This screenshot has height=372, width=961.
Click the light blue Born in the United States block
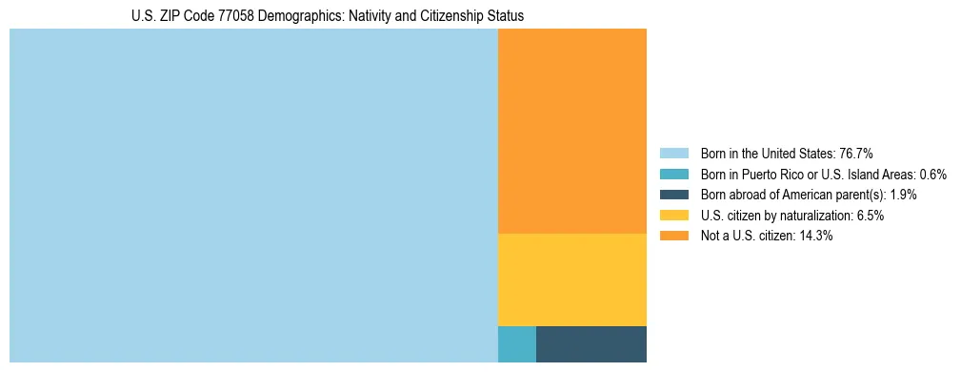coord(253,196)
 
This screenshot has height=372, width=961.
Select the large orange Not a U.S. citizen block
coord(571,131)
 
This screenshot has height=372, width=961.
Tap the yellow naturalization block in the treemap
coord(571,279)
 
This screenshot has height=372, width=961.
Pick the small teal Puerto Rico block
coord(516,344)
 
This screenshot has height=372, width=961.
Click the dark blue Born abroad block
coord(591,344)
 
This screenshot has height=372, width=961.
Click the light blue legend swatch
coord(673,154)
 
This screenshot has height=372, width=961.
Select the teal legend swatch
coord(673,175)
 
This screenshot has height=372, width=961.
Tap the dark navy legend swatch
coord(673,195)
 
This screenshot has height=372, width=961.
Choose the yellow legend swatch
coord(673,216)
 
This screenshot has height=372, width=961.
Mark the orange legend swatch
coord(673,237)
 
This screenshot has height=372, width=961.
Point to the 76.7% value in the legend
coord(856,154)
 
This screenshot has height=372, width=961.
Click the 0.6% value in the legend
coord(932,175)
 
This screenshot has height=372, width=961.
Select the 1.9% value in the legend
coord(903,195)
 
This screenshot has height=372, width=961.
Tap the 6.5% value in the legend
coord(869,216)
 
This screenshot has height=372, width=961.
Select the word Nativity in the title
coord(347,17)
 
